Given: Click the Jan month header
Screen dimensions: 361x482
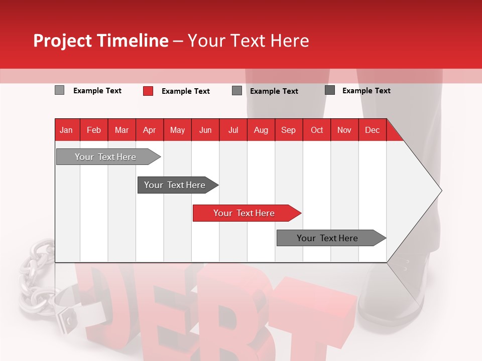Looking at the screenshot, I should click(66, 130).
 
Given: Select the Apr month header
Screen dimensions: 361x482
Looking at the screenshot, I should click(149, 130).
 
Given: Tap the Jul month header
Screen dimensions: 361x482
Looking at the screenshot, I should click(233, 130).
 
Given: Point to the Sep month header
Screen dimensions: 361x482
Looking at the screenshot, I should click(288, 130).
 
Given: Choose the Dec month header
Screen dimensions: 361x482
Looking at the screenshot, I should click(372, 130).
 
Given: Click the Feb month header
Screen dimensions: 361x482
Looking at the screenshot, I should click(94, 130).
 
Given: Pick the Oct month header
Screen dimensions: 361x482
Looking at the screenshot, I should click(317, 130).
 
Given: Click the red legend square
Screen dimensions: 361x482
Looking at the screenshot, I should click(148, 91).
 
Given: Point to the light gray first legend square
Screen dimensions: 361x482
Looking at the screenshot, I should click(59, 90).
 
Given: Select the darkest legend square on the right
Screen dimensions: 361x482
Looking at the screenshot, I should click(330, 90).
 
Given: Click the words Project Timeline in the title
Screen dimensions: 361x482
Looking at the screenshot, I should click(101, 41).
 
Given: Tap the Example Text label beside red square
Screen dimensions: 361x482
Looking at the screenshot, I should click(185, 91).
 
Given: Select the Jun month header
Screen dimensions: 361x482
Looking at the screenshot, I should click(205, 130).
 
